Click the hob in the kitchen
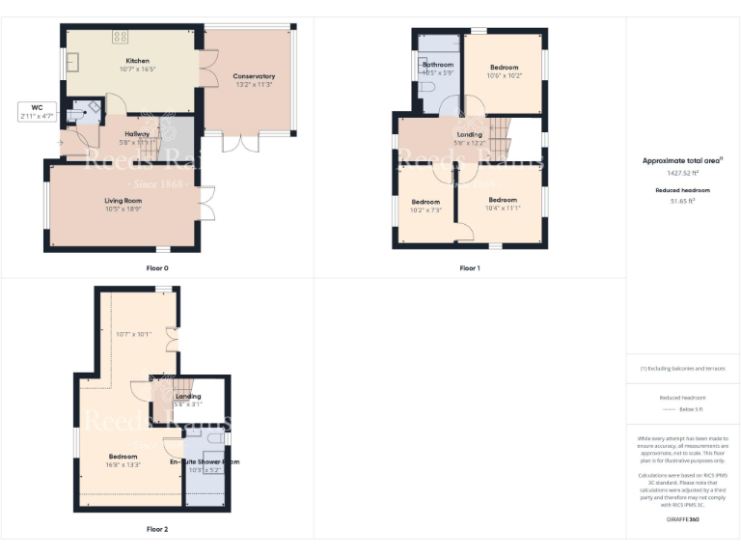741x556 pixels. coord(121,37)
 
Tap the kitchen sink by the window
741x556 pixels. coord(74,67)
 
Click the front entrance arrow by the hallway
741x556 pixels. coord(60,144)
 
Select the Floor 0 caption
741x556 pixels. coord(154,267)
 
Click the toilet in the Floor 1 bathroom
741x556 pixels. coord(425,87)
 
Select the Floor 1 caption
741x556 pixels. coord(469,267)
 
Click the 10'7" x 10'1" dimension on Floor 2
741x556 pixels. coord(133,335)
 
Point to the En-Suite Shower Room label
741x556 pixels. coord(204,462)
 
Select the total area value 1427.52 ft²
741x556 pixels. coord(682,173)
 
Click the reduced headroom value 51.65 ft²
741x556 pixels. coord(682,200)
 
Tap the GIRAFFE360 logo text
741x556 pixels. coord(682,519)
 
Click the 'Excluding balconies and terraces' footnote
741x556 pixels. coord(682,369)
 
